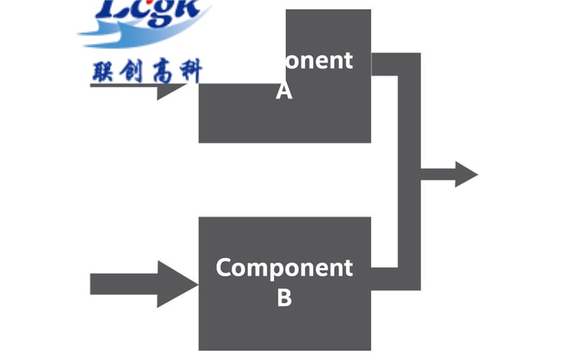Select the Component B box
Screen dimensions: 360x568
coord(284,323)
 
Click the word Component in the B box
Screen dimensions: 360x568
coord(284,268)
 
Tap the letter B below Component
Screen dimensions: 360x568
coord(284,297)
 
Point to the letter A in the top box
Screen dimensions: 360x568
coord(284,92)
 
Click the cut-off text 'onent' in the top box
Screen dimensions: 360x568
coord(319,61)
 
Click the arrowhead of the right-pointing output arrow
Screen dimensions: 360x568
coord(466,174)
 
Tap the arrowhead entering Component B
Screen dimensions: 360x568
coord(177,284)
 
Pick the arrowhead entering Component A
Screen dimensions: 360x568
coord(169,91)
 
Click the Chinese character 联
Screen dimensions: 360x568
coord(103,72)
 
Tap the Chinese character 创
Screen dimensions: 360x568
coord(134,72)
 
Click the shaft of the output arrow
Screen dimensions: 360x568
coord(437,174)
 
